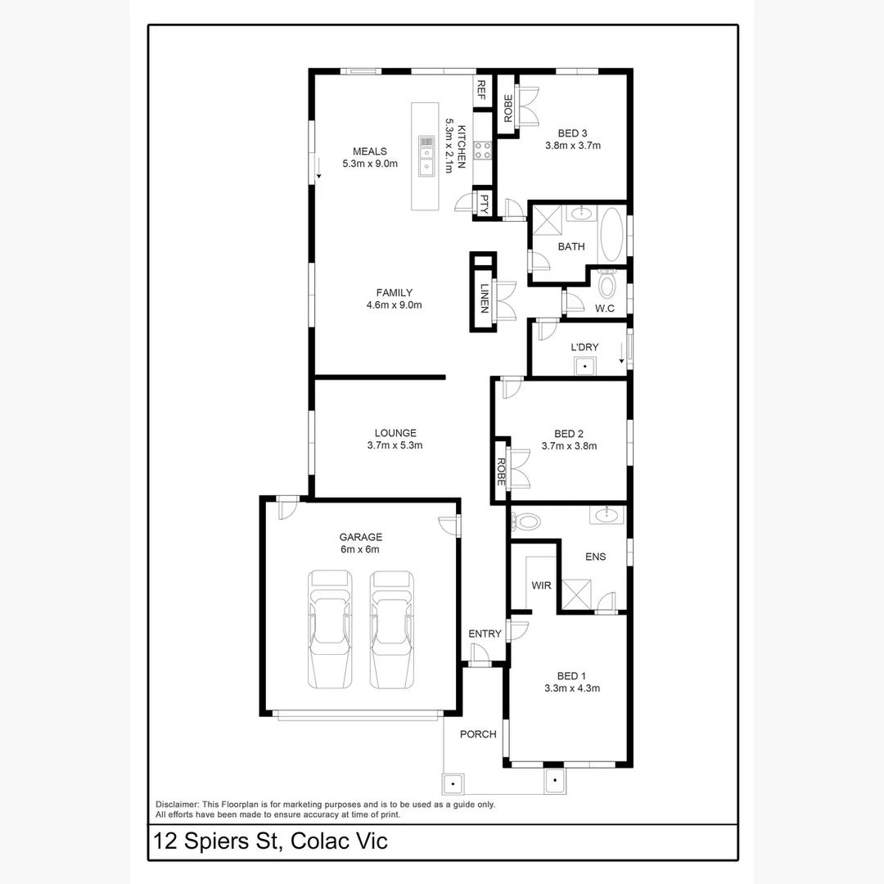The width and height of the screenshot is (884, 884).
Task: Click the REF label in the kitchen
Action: click(x=481, y=90)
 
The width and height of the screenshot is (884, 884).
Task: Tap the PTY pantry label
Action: click(x=484, y=204)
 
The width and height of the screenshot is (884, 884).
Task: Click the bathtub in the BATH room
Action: click(x=611, y=234)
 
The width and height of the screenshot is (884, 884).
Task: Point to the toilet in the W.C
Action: click(x=607, y=284)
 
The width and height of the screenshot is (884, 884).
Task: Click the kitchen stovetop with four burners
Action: click(x=482, y=151)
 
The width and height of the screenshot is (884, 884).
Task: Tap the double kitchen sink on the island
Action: click(x=426, y=156)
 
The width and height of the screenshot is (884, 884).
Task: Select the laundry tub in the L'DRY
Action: click(x=585, y=367)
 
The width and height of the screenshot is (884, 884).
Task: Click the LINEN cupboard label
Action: click(x=485, y=299)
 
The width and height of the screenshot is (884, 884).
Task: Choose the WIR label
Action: click(x=541, y=586)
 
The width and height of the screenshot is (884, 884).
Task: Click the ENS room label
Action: click(x=596, y=557)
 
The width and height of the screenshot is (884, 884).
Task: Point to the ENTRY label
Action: click(x=485, y=634)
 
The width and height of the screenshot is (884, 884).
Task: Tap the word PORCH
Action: click(x=478, y=734)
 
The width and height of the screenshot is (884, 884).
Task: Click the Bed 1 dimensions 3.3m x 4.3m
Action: click(x=572, y=688)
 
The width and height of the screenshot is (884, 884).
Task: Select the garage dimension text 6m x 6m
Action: click(x=361, y=549)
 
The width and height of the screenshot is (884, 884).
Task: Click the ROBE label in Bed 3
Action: click(x=508, y=109)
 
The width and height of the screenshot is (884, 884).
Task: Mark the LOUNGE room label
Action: click(x=395, y=433)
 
